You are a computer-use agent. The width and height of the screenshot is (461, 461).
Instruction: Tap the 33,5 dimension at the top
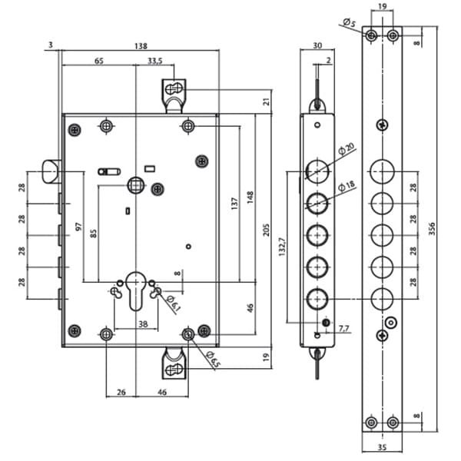pyautogui.click(x=154, y=61)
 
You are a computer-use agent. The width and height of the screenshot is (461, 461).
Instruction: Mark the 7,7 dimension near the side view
pyautogui.click(x=342, y=329)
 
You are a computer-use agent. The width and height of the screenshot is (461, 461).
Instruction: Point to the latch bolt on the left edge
pyautogui.click(x=51, y=171)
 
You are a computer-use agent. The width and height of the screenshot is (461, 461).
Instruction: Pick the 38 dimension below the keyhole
pyautogui.click(x=143, y=324)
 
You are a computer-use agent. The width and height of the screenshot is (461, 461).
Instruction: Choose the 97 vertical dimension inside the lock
pyautogui.click(x=78, y=229)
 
